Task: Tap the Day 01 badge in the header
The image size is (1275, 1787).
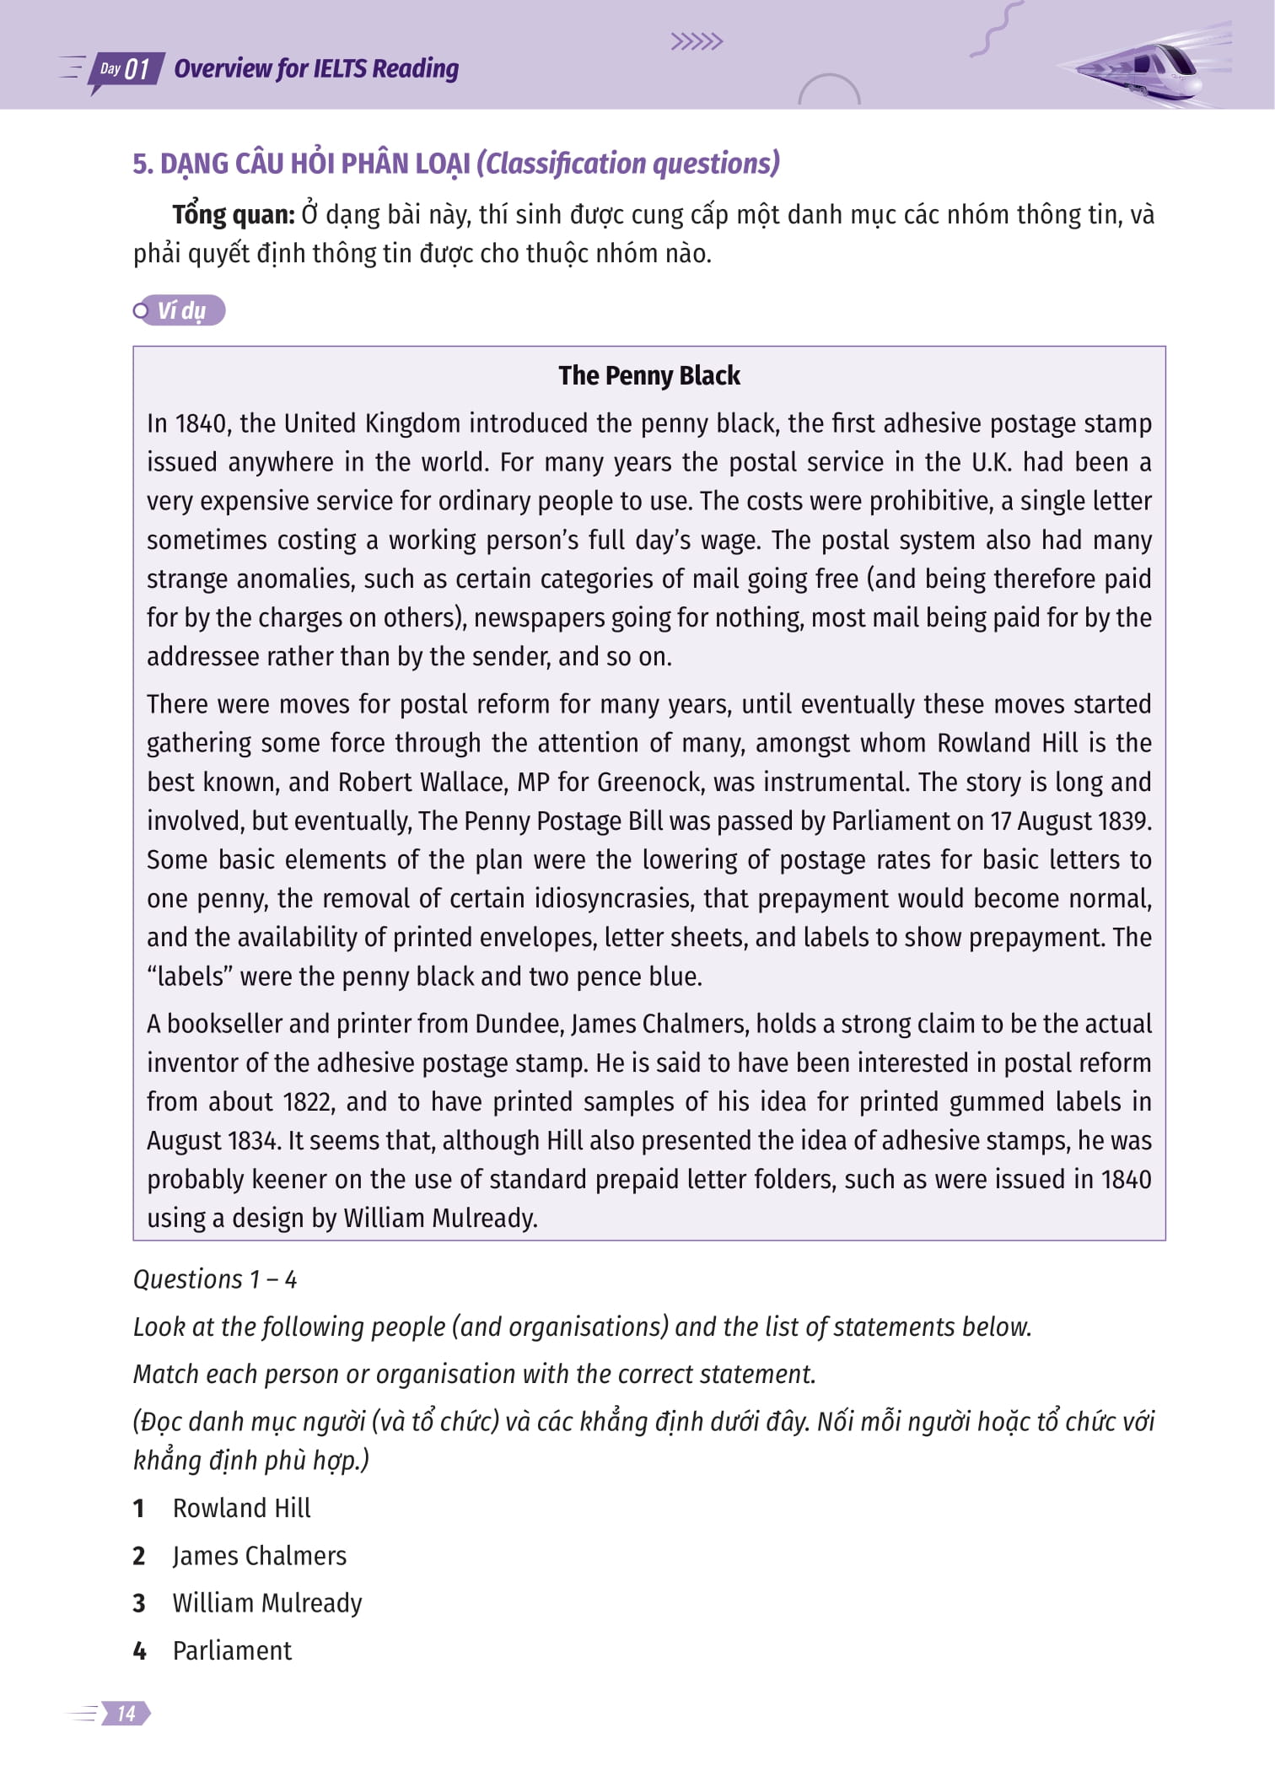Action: coord(125,69)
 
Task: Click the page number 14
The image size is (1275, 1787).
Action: coord(126,1713)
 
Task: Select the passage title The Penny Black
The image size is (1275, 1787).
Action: coord(648,376)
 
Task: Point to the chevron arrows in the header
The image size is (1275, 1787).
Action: coord(697,42)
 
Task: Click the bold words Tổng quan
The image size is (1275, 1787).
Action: coord(234,215)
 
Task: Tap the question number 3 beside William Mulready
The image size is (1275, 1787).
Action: coord(139,1603)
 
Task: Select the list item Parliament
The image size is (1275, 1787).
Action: coord(232,1650)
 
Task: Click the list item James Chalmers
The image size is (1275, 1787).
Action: coord(260,1556)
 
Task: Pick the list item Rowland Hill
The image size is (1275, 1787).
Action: coord(242,1508)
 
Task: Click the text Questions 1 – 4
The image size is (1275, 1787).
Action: coord(215,1279)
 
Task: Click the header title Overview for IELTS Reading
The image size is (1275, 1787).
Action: coord(316,69)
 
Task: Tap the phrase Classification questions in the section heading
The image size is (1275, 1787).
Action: coord(628,164)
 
